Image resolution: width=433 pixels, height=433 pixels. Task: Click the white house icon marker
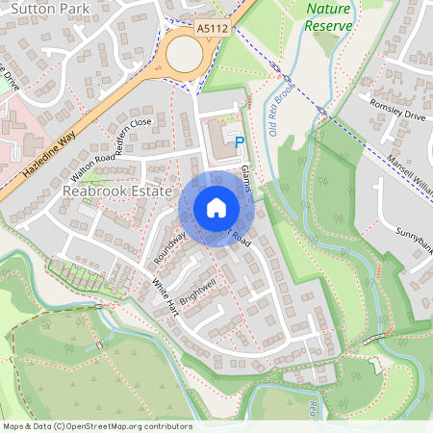pyautogui.click(x=216, y=208)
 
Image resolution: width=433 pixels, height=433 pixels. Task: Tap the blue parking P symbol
pyautogui.click(x=240, y=142)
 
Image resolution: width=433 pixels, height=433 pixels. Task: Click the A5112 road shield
pyautogui.click(x=212, y=31)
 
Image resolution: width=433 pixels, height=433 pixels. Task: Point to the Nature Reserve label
pyautogui.click(x=328, y=16)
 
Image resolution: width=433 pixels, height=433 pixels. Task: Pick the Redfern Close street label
pyautogui.click(x=133, y=136)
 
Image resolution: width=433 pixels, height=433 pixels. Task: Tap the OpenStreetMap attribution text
pyautogui.click(x=96, y=426)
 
